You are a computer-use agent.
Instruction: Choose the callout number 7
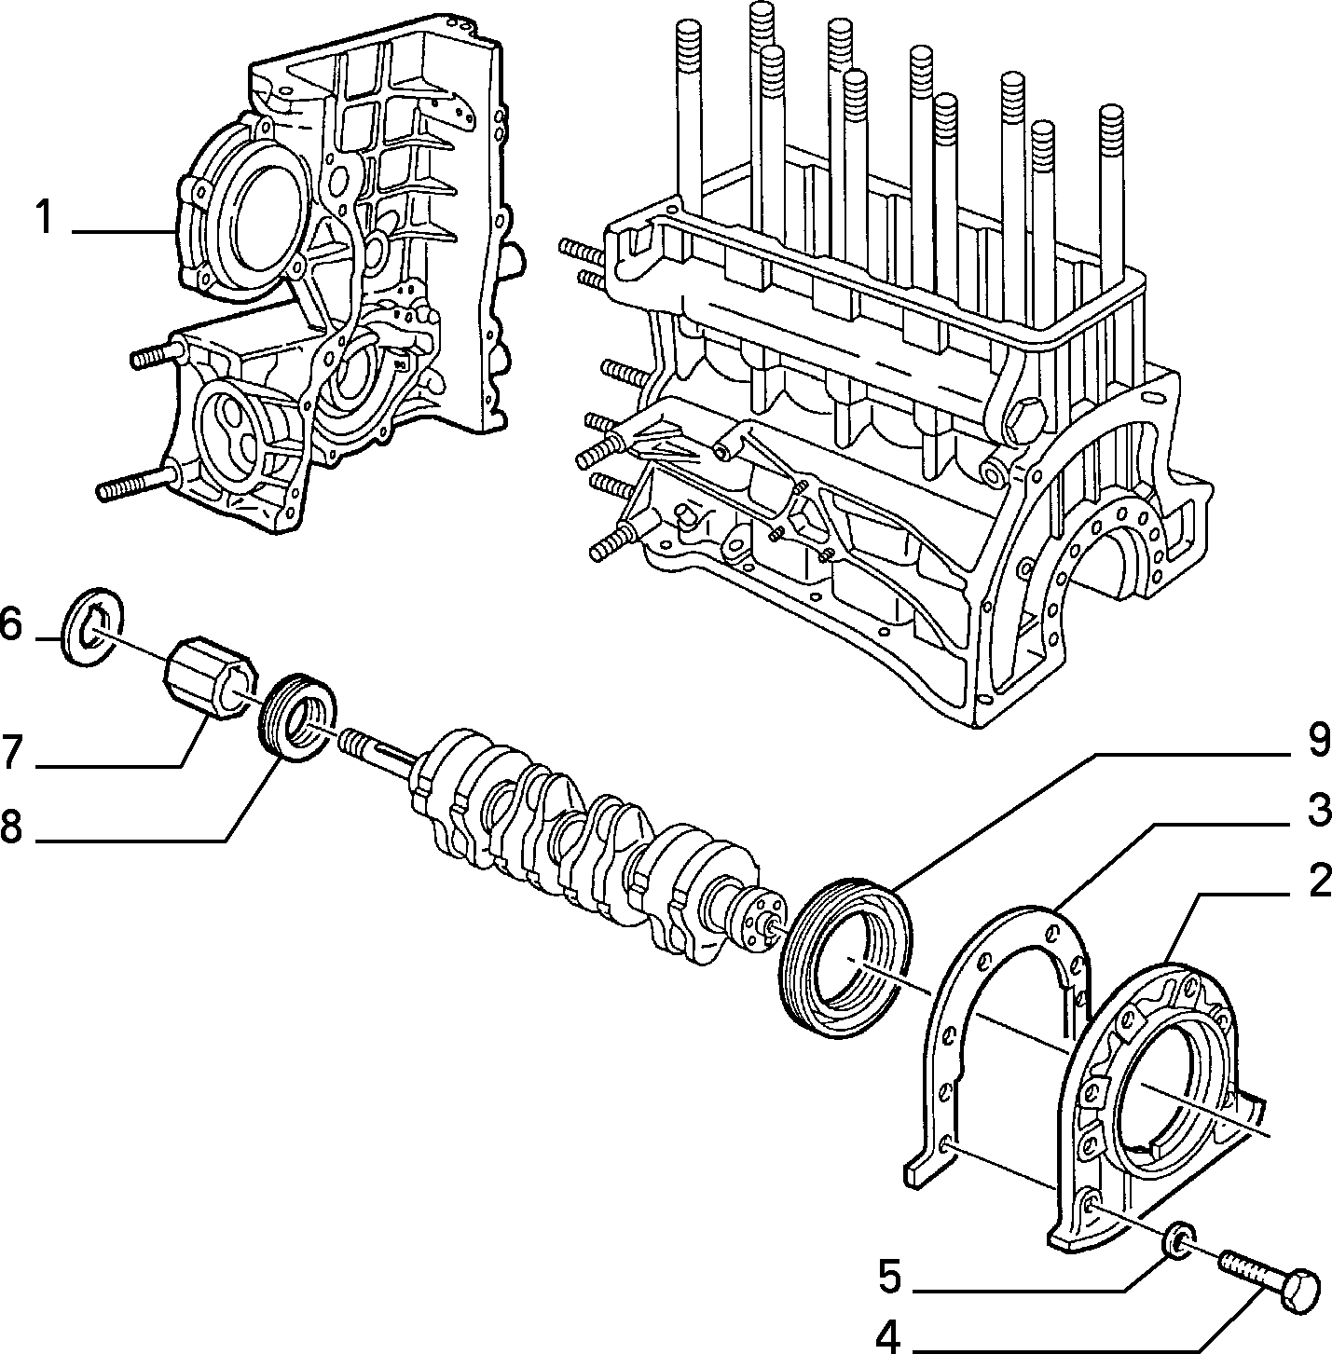point(14,753)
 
